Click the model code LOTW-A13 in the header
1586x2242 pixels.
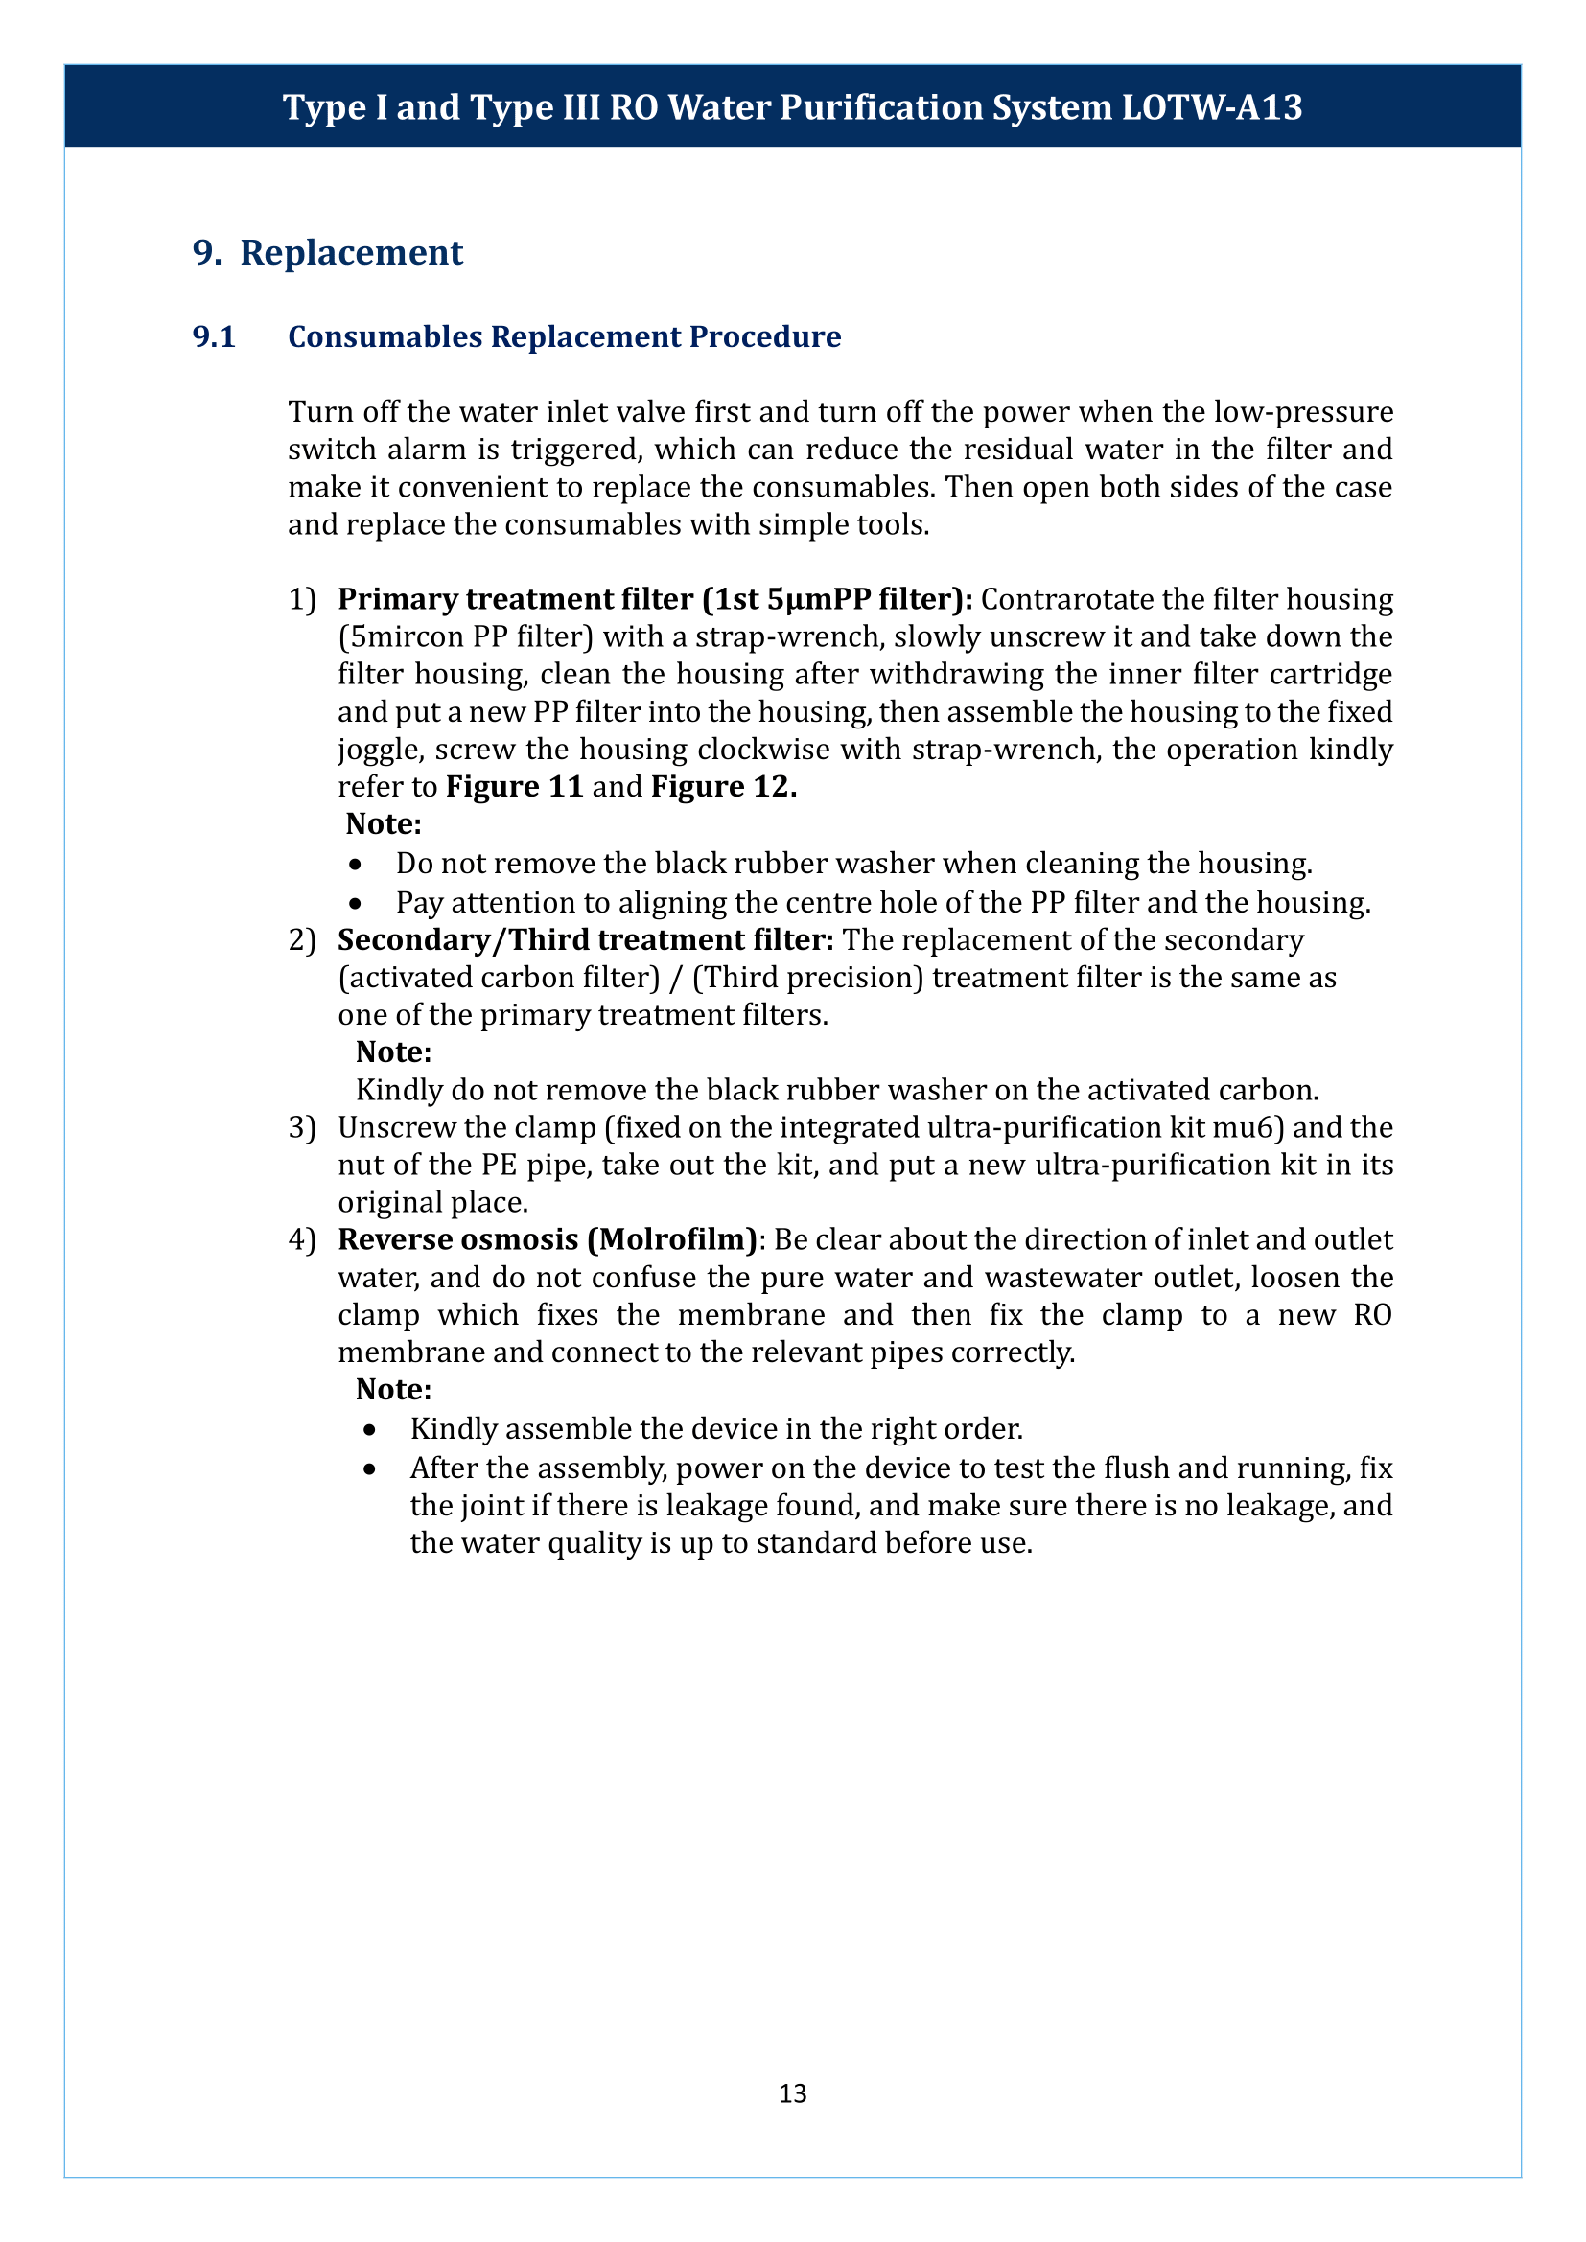pyautogui.click(x=1211, y=107)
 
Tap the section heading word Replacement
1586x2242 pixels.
pyautogui.click(x=352, y=253)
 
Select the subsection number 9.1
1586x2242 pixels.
pyautogui.click(x=214, y=336)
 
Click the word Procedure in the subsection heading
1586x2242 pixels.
pyautogui.click(x=764, y=336)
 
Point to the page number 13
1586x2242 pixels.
pyautogui.click(x=792, y=2092)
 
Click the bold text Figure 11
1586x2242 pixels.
pyautogui.click(x=515, y=787)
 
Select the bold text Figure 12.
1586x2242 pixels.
pyautogui.click(x=724, y=787)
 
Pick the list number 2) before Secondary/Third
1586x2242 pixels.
pyautogui.click(x=302, y=940)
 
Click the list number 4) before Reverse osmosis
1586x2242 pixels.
pyautogui.click(x=302, y=1240)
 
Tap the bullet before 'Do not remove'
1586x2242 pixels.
pyautogui.click(x=357, y=866)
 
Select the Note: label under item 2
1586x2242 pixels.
pyautogui.click(x=393, y=1052)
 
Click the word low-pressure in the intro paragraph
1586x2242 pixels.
pyautogui.click(x=1304, y=412)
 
